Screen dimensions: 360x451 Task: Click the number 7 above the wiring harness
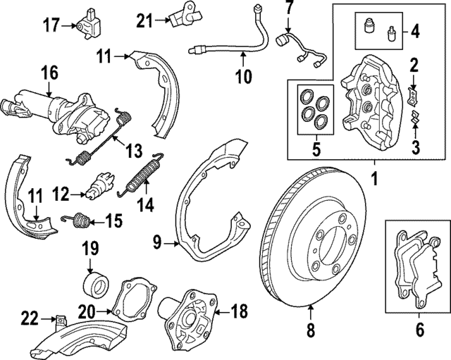[x=288, y=10]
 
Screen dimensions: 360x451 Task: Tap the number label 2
[x=414, y=67]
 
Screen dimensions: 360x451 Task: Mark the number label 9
[x=157, y=244]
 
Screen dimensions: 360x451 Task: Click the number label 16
[x=49, y=73]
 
